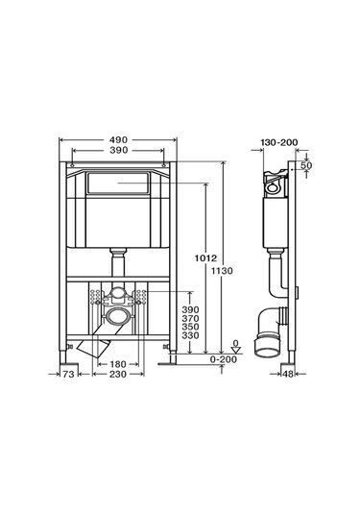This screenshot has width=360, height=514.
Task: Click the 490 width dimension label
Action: pos(118,140)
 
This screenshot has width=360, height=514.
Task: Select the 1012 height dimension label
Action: pos(205,258)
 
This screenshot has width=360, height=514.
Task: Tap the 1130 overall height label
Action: pos(222,271)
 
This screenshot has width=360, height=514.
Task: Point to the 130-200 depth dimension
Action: pos(279,142)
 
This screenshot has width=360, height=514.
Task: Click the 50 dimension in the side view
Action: pos(306,165)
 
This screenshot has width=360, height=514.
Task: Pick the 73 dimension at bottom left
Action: pos(68,374)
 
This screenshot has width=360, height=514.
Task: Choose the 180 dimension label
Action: pos(118,364)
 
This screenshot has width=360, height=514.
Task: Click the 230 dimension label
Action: pos(118,374)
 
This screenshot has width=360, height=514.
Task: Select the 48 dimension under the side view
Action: pos(288,374)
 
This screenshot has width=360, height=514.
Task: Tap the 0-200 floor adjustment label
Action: pos(223,359)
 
